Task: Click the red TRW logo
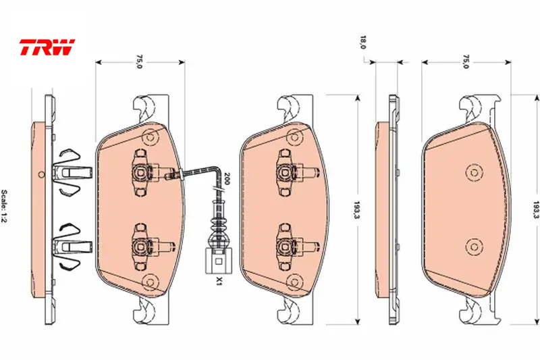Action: [47, 47]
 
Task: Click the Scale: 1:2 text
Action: [5, 207]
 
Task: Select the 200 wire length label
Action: [226, 178]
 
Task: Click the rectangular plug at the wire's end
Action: [218, 261]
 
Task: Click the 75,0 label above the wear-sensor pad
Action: [139, 61]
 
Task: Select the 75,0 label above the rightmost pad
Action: [466, 61]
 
